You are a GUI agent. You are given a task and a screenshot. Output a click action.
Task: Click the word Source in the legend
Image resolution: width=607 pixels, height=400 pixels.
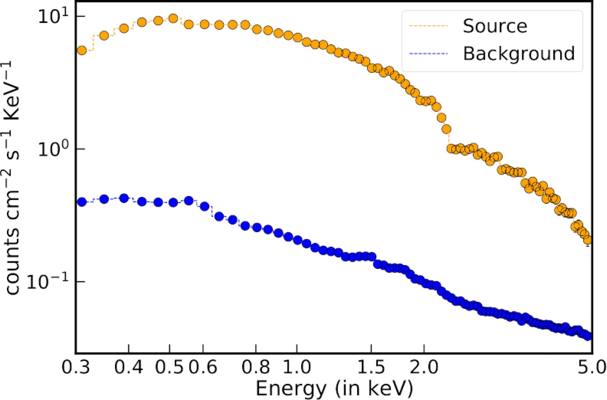(495, 26)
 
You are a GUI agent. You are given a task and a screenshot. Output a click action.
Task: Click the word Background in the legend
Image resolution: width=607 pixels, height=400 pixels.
(519, 53)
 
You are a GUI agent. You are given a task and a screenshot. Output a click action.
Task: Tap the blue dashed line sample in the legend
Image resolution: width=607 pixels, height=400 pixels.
(428, 53)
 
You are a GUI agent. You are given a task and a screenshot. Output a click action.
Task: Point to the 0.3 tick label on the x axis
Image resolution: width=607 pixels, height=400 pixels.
(76, 367)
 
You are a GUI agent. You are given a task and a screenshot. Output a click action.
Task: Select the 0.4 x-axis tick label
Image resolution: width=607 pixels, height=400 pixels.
(128, 367)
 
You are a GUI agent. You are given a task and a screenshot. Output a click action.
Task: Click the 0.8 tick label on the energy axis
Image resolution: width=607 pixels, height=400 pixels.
(256, 367)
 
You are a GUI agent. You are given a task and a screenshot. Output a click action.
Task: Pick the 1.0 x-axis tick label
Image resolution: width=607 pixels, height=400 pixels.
(297, 367)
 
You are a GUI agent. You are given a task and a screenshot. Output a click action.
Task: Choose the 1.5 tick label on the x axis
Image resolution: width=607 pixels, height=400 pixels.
(371, 367)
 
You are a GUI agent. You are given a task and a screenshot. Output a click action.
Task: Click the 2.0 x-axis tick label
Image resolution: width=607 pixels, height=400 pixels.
(424, 367)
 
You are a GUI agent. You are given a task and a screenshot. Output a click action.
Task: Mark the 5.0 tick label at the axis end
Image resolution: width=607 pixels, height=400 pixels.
(592, 367)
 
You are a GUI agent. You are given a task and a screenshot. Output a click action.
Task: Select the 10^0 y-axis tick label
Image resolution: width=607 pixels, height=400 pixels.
(53, 149)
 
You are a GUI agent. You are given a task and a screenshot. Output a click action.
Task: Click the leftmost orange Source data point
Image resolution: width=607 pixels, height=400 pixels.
(82, 50)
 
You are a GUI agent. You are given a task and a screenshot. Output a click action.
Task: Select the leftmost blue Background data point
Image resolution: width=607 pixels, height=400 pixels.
(82, 202)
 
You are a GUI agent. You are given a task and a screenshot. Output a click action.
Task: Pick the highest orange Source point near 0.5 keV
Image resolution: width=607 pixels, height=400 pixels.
(173, 18)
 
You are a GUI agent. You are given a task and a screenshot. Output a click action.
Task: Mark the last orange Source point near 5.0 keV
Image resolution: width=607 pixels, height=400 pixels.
(588, 240)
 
